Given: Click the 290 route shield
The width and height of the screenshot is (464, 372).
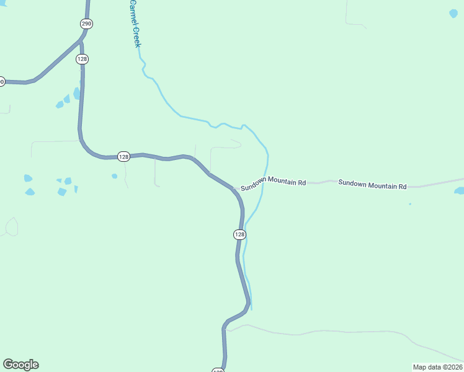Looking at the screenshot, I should coord(86,24).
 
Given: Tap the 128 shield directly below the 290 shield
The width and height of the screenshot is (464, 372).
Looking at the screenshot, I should coord(83,59).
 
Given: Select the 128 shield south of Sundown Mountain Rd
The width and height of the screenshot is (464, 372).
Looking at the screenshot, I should coord(240,234).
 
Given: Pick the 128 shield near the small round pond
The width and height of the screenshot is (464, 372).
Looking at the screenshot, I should coord(123,157).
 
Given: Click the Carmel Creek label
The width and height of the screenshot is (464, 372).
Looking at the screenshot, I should coord(135,24).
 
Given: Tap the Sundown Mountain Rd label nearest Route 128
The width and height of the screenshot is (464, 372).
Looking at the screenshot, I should coord(274,185).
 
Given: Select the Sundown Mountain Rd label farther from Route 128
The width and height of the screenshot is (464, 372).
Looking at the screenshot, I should coord(372,185).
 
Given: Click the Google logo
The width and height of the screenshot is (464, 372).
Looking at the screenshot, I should coord(21,365).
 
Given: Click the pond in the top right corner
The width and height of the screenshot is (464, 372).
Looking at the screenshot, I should coord(453,12).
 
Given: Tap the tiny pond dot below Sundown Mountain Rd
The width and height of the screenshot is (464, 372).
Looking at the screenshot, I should coord(410,203).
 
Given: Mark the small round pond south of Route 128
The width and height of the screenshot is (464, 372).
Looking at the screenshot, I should coord(114,176).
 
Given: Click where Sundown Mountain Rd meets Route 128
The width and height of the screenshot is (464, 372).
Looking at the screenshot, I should coord(233,188).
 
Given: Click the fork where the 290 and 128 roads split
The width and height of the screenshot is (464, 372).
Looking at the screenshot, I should coord(81,42).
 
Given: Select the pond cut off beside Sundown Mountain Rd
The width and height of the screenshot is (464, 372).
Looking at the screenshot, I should coord(460,191).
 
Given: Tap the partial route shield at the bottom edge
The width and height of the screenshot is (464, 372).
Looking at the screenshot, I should coord(218,370).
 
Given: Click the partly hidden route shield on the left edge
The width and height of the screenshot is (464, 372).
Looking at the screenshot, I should coord(1,81).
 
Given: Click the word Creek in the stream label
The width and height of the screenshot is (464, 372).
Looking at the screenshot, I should coord(137,37).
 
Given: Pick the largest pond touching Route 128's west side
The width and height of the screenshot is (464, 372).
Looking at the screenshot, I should coord(77,94).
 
